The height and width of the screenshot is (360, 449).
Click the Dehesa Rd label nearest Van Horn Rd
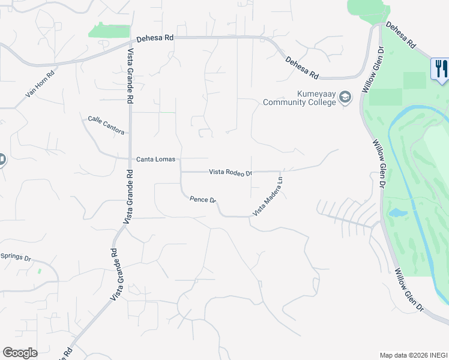[x=155, y=37]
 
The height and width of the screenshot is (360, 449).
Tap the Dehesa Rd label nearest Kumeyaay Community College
[x=301, y=67]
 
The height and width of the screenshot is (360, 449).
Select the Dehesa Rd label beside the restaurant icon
[x=400, y=35]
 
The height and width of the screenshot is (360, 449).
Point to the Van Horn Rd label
[x=40, y=85]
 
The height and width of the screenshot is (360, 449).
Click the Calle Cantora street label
[x=106, y=125]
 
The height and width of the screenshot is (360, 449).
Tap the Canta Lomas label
[x=156, y=159]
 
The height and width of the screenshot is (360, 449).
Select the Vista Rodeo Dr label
[x=231, y=172]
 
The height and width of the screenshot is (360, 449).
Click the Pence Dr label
[x=202, y=200]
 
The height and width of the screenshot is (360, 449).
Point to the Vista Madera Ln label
[x=267, y=196]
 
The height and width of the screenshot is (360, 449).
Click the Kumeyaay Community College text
[x=300, y=98]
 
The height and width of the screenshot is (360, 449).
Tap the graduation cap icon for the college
[x=345, y=97]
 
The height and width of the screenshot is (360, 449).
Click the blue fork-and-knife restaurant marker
[x=440, y=68]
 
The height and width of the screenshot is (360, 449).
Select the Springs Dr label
[x=15, y=257]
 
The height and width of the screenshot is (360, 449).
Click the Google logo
[x=20, y=353]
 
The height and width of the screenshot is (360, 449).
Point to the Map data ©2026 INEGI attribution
[x=413, y=355]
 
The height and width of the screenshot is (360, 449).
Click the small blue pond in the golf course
[x=397, y=213]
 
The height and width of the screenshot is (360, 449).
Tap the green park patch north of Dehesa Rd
[x=109, y=31]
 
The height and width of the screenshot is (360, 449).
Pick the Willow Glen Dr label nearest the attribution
[x=409, y=289]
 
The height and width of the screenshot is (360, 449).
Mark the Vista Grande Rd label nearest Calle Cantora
[x=130, y=77]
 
